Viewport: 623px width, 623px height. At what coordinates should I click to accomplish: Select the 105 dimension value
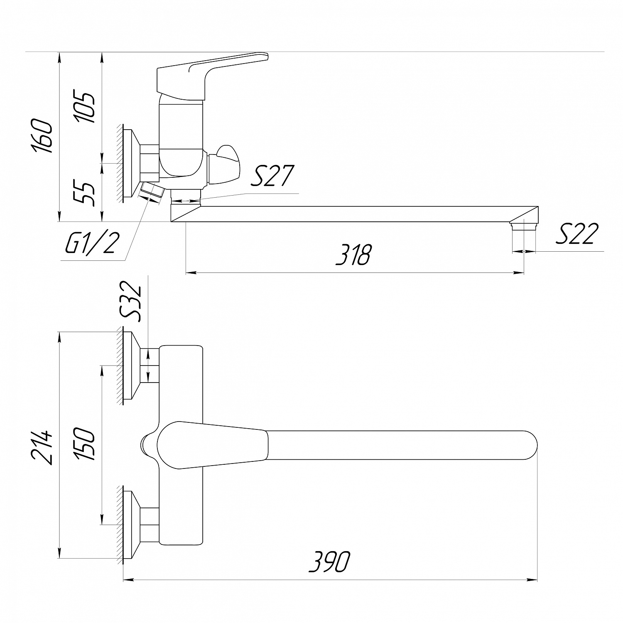(85, 107)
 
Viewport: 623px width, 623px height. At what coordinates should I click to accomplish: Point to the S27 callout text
(272, 176)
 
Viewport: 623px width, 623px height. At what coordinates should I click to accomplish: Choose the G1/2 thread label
(90, 244)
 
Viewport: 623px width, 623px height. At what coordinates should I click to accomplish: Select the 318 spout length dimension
(353, 255)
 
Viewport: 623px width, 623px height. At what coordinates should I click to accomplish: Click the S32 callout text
(132, 302)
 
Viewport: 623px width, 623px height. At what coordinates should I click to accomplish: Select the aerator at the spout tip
(524, 225)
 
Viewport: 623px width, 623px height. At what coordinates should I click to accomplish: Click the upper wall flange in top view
(132, 365)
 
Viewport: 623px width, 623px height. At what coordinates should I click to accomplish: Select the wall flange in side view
(132, 163)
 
